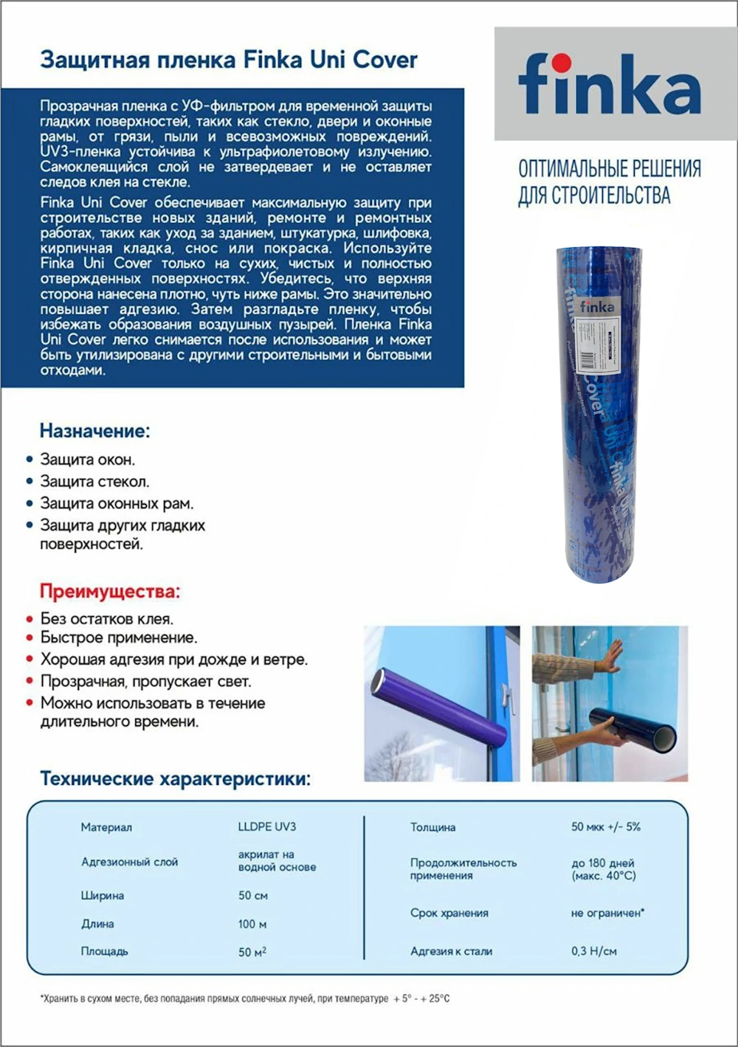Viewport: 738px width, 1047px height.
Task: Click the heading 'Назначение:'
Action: coord(94,430)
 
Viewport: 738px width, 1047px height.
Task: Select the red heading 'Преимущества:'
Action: coord(109,591)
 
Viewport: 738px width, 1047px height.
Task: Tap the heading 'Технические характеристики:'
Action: coord(175,778)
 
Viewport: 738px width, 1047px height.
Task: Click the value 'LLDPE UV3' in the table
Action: coord(266,827)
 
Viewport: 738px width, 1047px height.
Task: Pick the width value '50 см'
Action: coord(252,896)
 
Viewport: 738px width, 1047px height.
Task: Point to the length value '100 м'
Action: coord(252,924)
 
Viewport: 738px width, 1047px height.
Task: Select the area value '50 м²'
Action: coord(252,952)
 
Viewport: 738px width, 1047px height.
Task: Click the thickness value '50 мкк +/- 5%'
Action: coord(605,827)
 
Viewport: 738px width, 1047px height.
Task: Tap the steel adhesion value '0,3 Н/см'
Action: coord(593,952)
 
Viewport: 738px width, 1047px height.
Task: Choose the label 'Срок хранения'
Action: coord(449,913)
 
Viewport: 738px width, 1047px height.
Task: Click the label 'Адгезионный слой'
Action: coord(129,862)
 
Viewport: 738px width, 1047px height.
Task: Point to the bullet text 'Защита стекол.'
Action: coord(94,482)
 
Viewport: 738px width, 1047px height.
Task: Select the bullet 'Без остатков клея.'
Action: coord(107,619)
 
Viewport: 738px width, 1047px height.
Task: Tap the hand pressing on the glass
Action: coord(609,656)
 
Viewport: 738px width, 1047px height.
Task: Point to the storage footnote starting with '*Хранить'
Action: coord(244,999)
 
